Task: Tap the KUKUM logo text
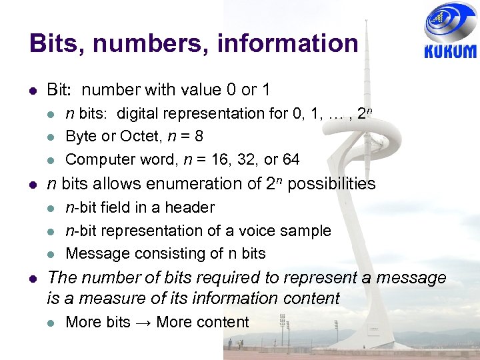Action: point(450,52)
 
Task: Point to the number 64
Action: point(290,159)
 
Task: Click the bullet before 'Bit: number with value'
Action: point(33,89)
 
